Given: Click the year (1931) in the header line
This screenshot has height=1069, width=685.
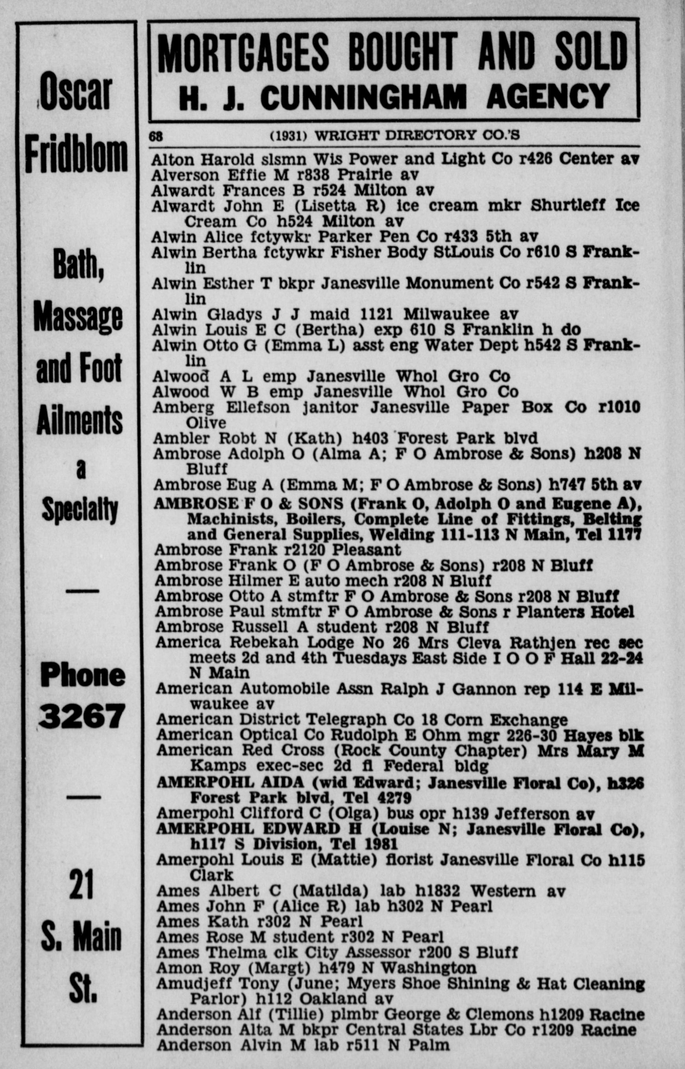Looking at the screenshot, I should tap(289, 135).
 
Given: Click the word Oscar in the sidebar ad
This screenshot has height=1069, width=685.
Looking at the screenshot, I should tap(76, 93).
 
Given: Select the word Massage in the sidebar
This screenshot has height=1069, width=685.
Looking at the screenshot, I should tap(78, 319).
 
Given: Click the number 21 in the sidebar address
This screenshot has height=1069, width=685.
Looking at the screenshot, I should tap(81, 884).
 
